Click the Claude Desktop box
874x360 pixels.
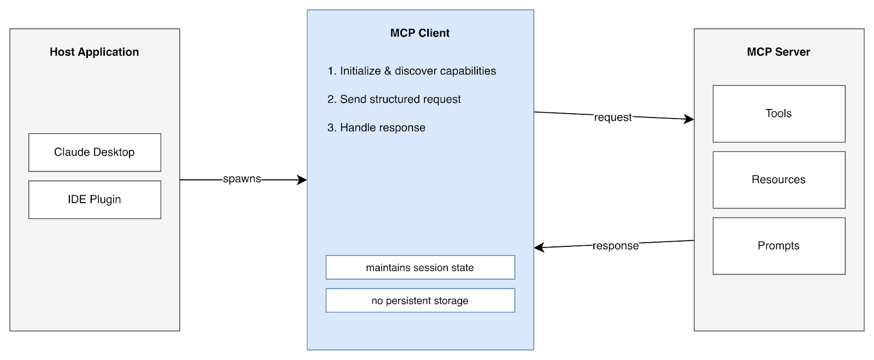[95, 152]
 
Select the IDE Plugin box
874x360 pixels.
[95, 199]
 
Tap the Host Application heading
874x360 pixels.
[95, 52]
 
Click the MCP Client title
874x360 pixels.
[420, 33]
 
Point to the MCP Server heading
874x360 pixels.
[778, 52]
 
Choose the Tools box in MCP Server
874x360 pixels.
[778, 114]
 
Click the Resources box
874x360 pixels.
[778, 180]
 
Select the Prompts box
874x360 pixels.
[778, 246]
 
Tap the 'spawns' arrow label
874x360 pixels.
[242, 179]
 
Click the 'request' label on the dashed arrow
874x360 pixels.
[612, 117]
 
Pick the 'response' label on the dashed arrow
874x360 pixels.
[616, 246]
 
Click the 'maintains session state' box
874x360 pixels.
[420, 268]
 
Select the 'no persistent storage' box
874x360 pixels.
[420, 300]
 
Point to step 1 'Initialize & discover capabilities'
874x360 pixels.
[412, 71]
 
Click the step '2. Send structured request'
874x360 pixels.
[394, 99]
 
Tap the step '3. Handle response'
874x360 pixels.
[376, 128]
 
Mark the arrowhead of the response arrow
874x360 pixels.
[539, 247]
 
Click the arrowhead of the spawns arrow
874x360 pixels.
[302, 180]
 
